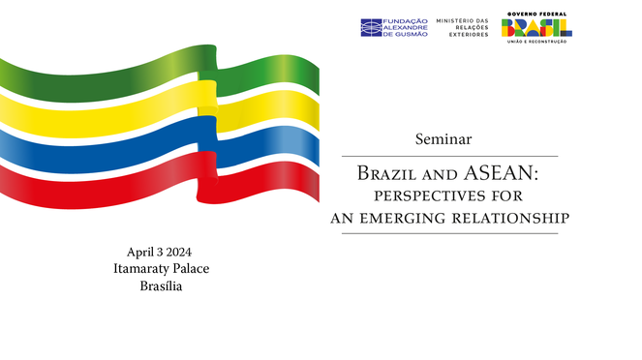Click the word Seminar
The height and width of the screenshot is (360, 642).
[x=443, y=139]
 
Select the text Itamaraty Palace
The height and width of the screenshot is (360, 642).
[x=161, y=269]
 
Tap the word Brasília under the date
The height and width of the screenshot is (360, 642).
[x=161, y=286]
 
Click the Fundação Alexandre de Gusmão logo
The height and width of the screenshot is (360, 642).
[x=393, y=27]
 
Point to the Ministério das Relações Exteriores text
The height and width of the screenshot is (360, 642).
[x=460, y=27]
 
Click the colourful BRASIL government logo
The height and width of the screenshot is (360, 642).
[x=535, y=28]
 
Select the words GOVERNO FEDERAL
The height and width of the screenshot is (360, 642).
[x=535, y=14]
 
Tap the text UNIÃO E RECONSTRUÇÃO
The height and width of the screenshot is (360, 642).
[x=535, y=44]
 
